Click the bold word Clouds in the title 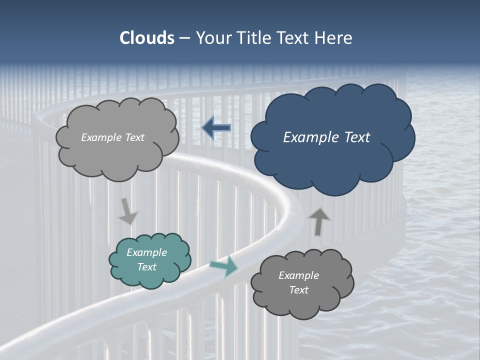click(x=147, y=38)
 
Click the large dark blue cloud click(x=332, y=160)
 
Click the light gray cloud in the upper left click(x=117, y=155)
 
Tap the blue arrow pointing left click(x=216, y=128)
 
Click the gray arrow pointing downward click(x=128, y=211)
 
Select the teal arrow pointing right click(x=224, y=266)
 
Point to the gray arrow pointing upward click(x=319, y=221)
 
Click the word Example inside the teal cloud click(x=147, y=252)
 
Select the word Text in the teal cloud click(x=147, y=267)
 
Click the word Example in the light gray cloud click(x=101, y=137)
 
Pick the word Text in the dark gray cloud click(x=299, y=290)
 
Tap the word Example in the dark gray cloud click(x=299, y=275)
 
